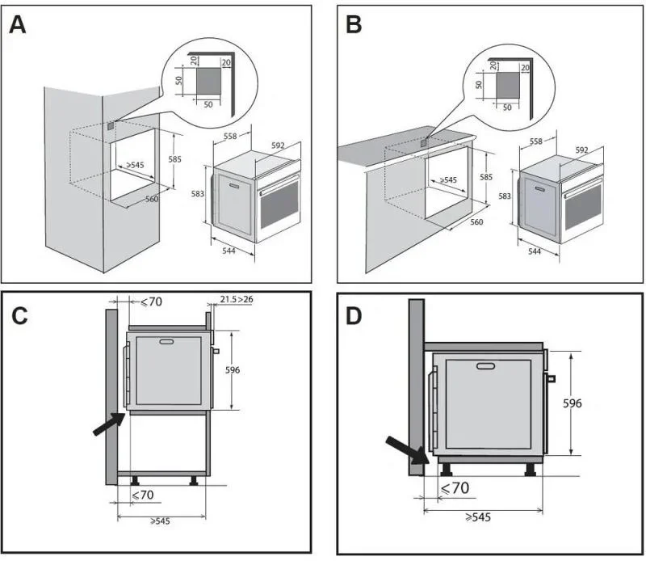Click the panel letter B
coord(353,25)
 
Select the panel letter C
coord(22,316)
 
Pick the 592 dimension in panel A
coord(278,146)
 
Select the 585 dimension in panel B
coord(486,176)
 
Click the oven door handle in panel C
coord(167,343)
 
